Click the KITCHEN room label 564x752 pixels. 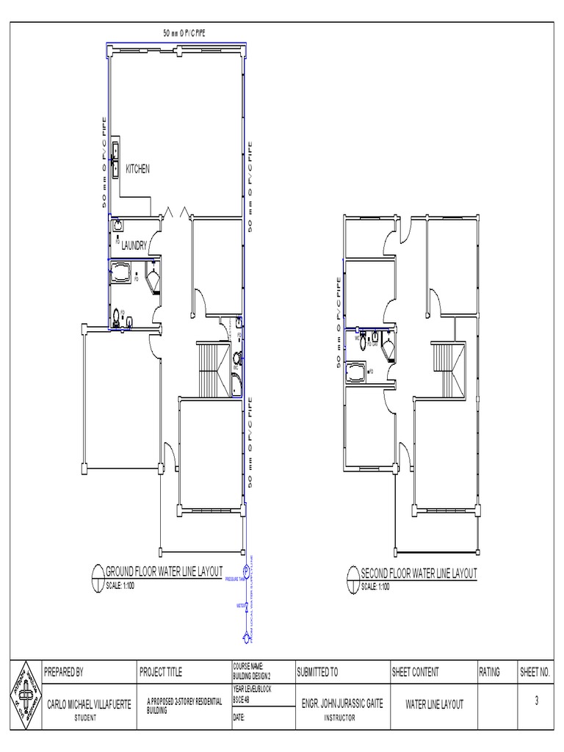(137, 169)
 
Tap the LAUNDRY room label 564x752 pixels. (135, 245)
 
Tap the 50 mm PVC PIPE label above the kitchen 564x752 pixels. (184, 33)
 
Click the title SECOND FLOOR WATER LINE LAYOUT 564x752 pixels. (419, 573)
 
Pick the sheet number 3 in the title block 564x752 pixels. (537, 701)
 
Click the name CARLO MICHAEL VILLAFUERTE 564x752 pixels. (89, 704)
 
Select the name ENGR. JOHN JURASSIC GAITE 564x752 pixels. (343, 704)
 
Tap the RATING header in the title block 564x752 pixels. (489, 671)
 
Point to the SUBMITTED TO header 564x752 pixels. (317, 671)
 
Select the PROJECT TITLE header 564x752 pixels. (161, 671)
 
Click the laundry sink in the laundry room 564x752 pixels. (118, 226)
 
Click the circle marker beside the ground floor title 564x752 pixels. (97, 575)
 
